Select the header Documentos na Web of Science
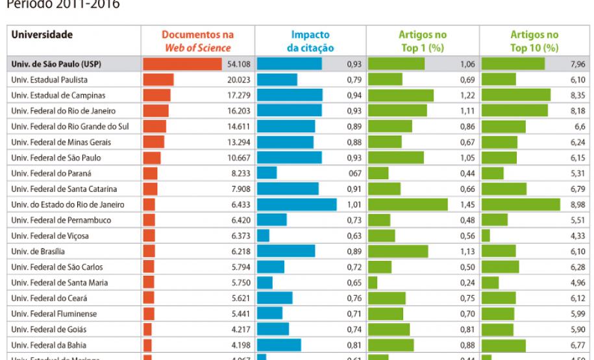coord(197,41)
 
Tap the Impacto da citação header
coord(310,41)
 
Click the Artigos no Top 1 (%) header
coord(423,41)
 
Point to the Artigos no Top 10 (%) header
coord(534,41)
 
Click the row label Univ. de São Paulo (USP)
coord(56,64)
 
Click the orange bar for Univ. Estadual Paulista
coord(158,80)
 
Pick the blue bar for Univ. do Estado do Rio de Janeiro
coord(297,204)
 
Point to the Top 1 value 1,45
coord(466,204)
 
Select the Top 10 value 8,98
coord(577,204)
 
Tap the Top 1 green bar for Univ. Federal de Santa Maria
coord(373,282)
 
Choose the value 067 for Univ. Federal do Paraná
coord(354,173)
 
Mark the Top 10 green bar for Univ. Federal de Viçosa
coord(486,235)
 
